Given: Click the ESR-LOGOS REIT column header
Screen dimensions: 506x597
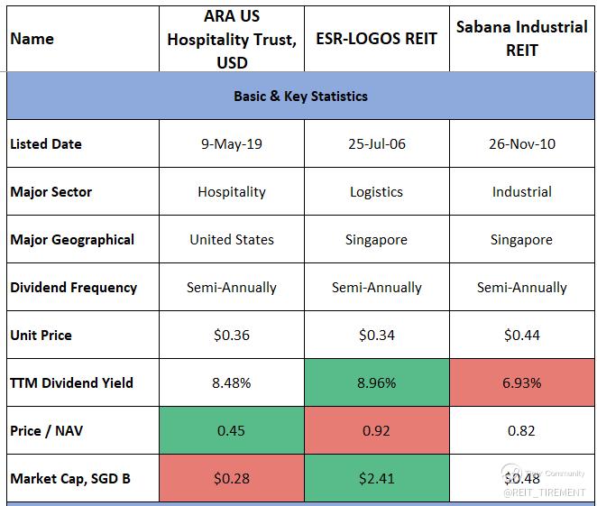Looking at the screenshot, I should pyautogui.click(x=376, y=39).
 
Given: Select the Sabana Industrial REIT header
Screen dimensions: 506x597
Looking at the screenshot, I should pyautogui.click(x=521, y=39).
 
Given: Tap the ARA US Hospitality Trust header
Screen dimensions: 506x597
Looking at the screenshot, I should pyautogui.click(x=232, y=39).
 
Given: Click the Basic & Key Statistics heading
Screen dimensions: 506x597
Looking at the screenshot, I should pyautogui.click(x=300, y=96).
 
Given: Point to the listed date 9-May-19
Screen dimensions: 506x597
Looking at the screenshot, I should pyautogui.click(x=232, y=144).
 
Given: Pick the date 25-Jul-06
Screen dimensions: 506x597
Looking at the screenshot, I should pyautogui.click(x=376, y=144).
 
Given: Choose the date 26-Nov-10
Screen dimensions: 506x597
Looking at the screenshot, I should pyautogui.click(x=521, y=144).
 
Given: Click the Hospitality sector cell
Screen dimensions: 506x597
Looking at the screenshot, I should pyautogui.click(x=232, y=192).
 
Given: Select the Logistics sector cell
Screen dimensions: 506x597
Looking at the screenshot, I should pyautogui.click(x=376, y=192).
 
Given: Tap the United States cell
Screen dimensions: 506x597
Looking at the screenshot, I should pyautogui.click(x=232, y=240).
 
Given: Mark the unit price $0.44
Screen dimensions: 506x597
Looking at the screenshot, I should pyautogui.click(x=521, y=336).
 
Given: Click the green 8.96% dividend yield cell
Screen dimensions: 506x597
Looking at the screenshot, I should pyautogui.click(x=376, y=382).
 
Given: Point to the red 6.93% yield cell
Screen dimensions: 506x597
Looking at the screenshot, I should pyautogui.click(x=521, y=382).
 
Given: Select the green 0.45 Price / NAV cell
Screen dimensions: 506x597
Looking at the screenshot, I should pyautogui.click(x=232, y=430).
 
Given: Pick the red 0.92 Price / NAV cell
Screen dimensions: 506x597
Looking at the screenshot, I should pyautogui.click(x=376, y=430).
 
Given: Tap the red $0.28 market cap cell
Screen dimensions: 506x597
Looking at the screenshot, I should pyautogui.click(x=232, y=478).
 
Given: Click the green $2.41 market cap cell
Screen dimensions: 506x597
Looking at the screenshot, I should pyautogui.click(x=376, y=478).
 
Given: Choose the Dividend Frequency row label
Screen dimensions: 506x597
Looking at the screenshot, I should pyautogui.click(x=74, y=288).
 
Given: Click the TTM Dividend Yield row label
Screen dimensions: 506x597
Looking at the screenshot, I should pyautogui.click(x=72, y=382).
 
